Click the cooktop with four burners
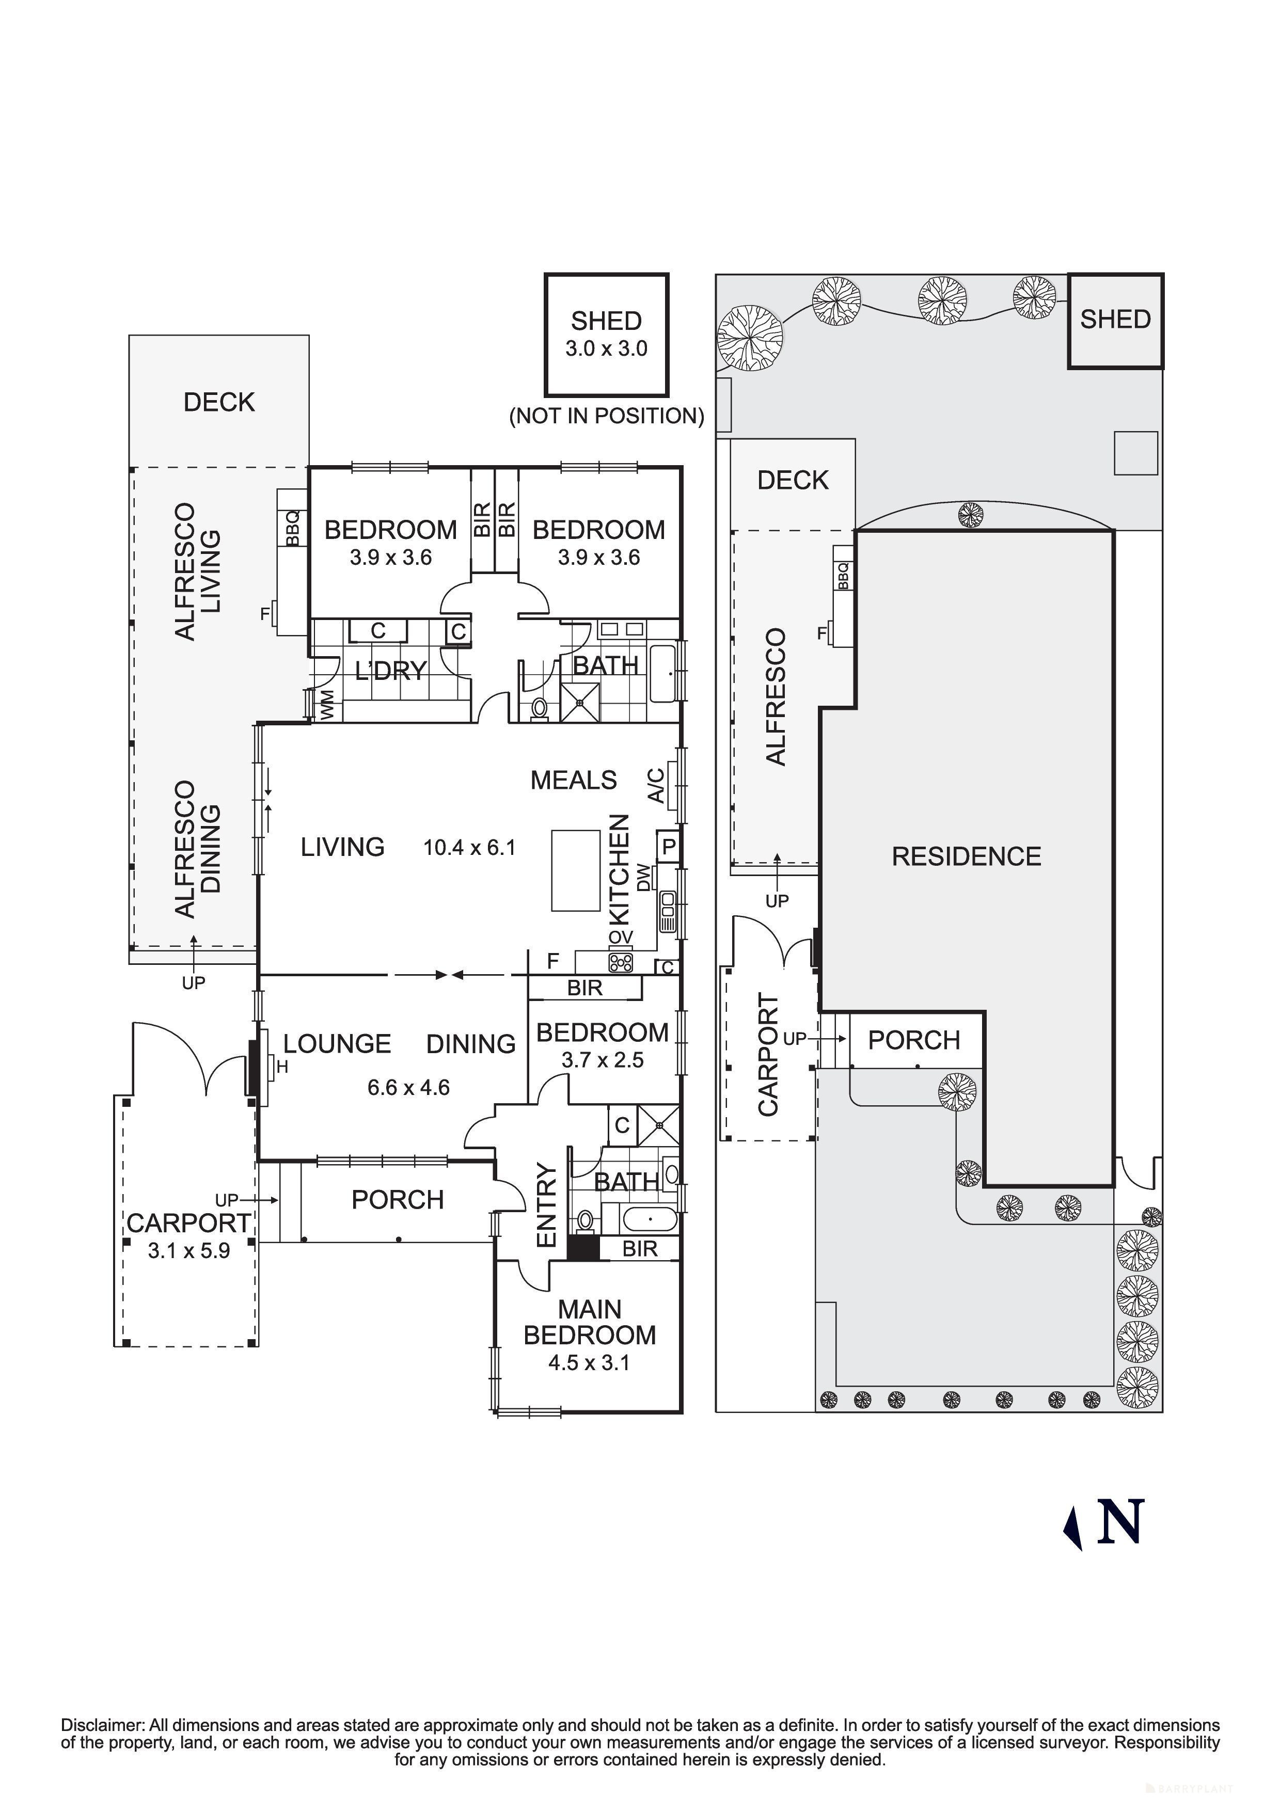(x=621, y=962)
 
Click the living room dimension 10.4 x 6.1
(x=469, y=848)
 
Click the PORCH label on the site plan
(x=913, y=1040)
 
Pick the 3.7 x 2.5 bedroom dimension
(x=603, y=1060)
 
